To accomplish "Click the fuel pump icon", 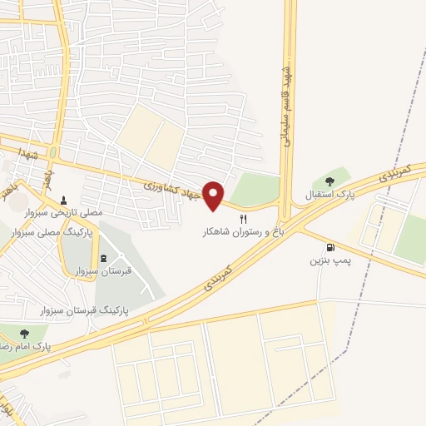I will coord(331,247).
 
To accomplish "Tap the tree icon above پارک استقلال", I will coord(329,180).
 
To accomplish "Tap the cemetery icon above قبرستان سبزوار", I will coord(103,257).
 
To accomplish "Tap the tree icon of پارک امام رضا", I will coord(23,334).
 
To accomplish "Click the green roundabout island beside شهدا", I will coord(52,154).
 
